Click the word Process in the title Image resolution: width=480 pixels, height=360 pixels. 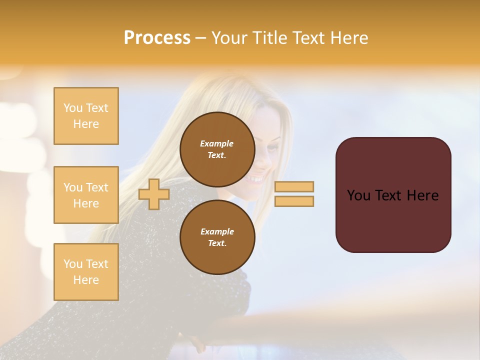click(x=157, y=38)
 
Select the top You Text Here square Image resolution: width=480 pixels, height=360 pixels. click(x=86, y=116)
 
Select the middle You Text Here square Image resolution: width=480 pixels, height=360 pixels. click(x=86, y=195)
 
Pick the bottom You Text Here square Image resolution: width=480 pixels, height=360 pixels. click(x=86, y=271)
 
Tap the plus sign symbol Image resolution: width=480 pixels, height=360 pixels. click(x=154, y=194)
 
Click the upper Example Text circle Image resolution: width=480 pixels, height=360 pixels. click(x=217, y=149)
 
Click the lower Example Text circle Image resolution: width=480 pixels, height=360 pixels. click(x=217, y=237)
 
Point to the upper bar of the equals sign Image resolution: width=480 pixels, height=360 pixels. click(x=294, y=186)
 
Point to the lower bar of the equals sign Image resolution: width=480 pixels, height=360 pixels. click(x=294, y=201)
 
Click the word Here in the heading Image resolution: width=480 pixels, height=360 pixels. click(x=349, y=38)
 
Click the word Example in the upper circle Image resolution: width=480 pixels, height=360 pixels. click(x=217, y=143)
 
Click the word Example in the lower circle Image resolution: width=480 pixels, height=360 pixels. click(x=217, y=231)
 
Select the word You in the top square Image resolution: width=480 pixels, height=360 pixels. click(x=73, y=108)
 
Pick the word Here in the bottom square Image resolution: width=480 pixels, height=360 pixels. click(x=86, y=280)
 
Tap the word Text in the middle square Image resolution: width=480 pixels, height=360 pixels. click(x=97, y=187)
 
